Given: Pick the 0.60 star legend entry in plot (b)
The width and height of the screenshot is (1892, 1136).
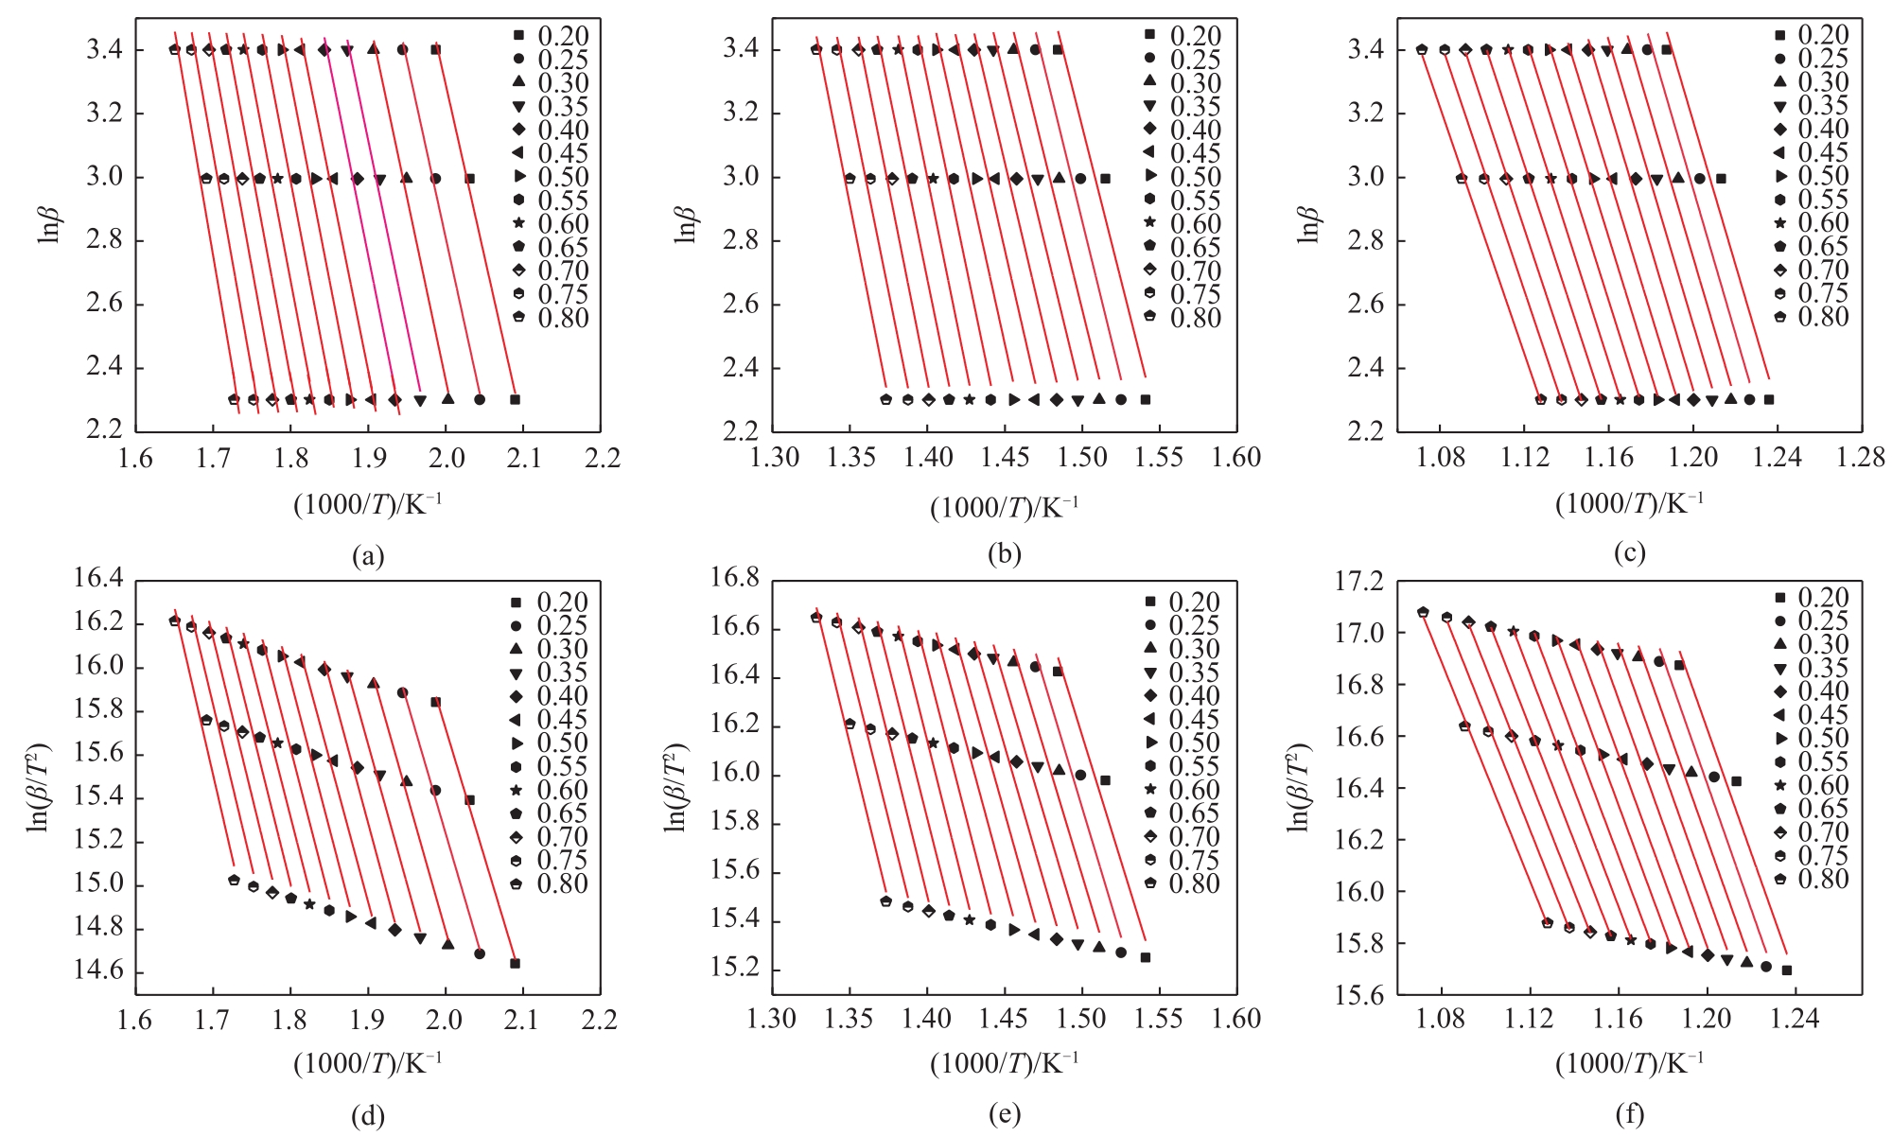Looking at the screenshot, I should (x=1183, y=224).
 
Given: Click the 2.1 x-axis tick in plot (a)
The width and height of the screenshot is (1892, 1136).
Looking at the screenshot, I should (x=524, y=460).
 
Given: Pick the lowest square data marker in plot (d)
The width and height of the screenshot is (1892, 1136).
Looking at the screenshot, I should (x=516, y=963).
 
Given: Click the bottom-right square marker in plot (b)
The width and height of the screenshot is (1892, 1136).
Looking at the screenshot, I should (x=1145, y=399).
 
